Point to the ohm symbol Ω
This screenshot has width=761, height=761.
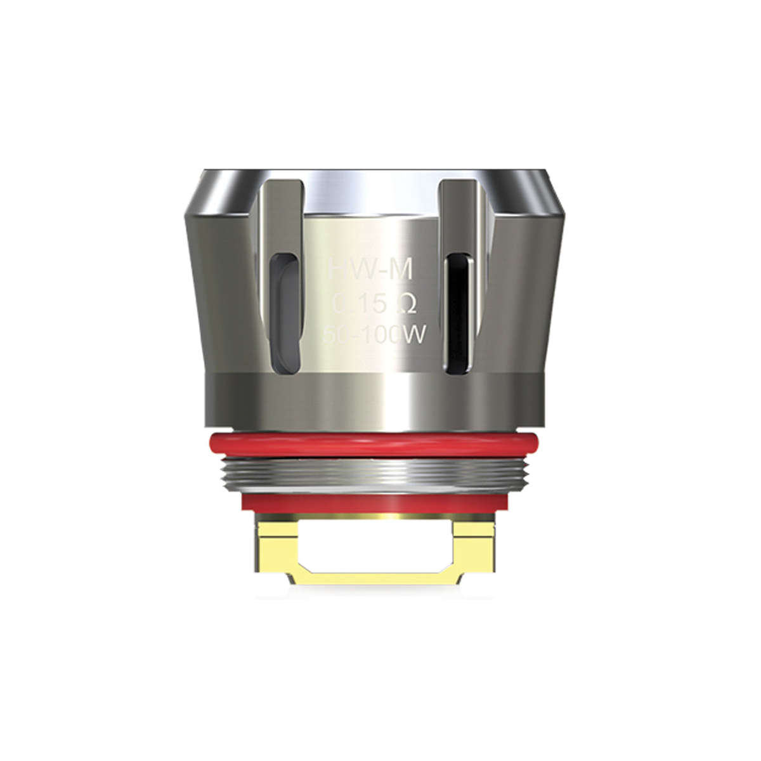tap(405, 306)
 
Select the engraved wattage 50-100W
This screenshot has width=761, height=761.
tap(373, 337)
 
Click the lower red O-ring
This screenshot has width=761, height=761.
tap(374, 502)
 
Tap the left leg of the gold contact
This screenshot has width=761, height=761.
tap(279, 542)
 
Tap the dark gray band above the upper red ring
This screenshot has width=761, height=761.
tap(374, 400)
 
